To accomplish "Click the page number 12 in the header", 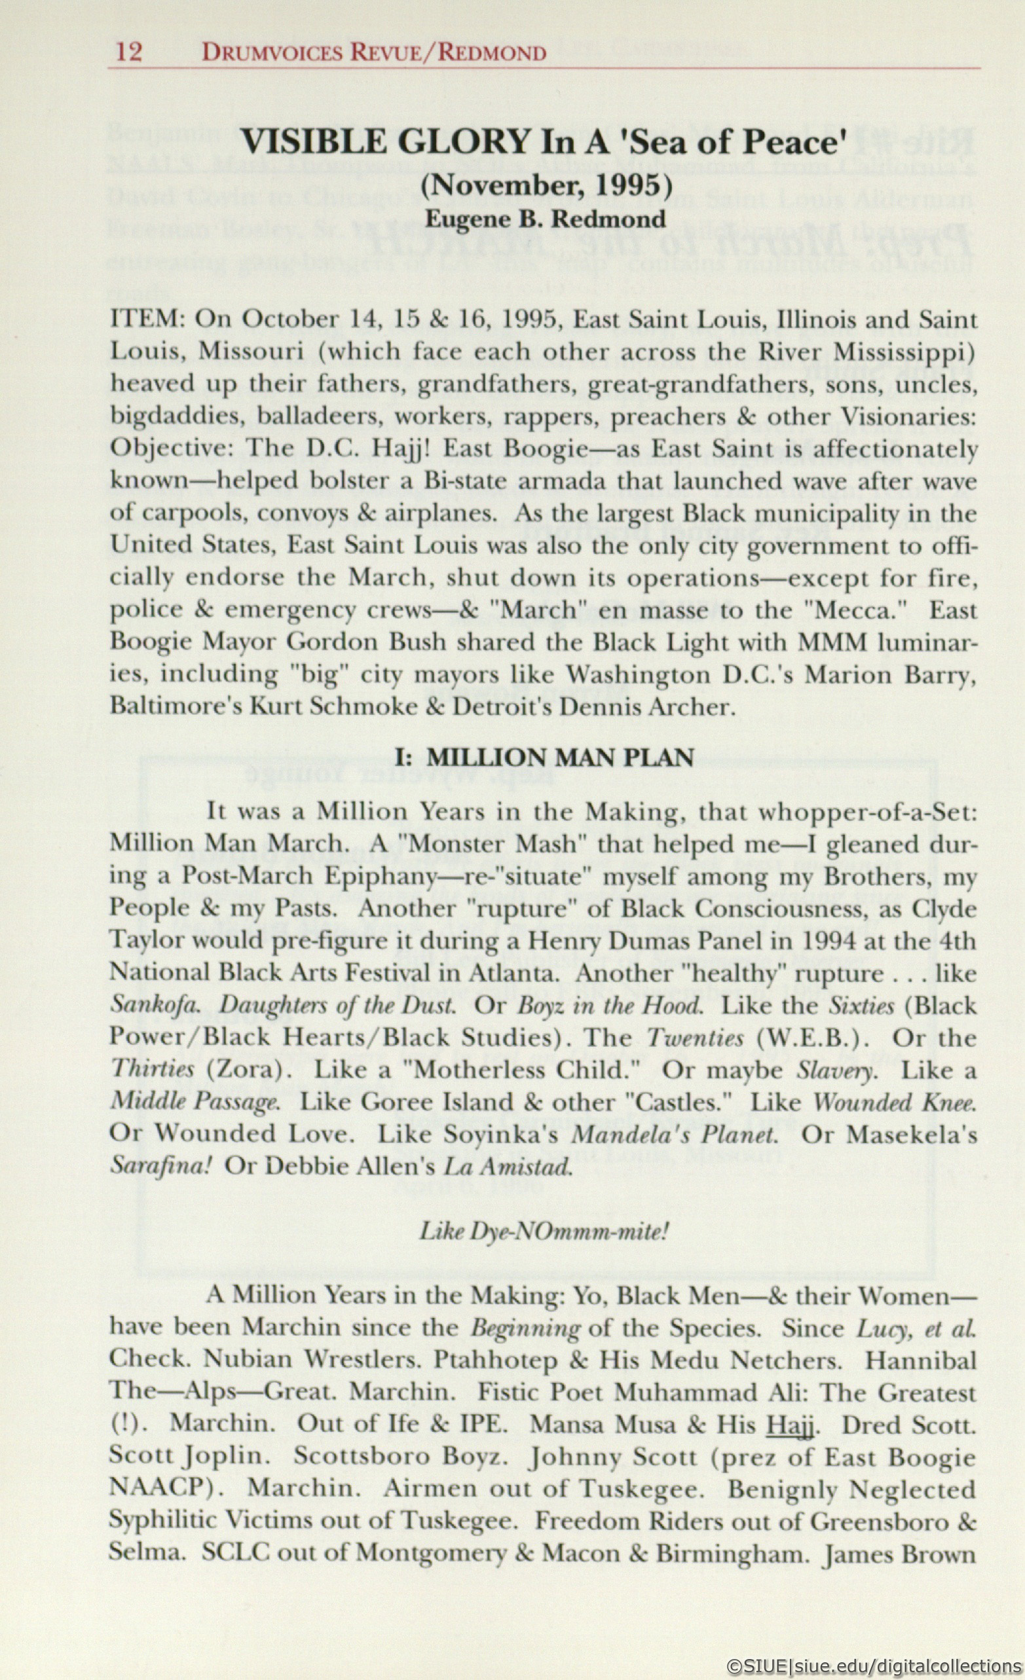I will click(129, 52).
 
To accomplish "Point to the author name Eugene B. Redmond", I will click(546, 219).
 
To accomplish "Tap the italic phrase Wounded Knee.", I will click(895, 1103).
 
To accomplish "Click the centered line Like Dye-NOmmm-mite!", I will click(544, 1232).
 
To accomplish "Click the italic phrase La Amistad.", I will click(508, 1167).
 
